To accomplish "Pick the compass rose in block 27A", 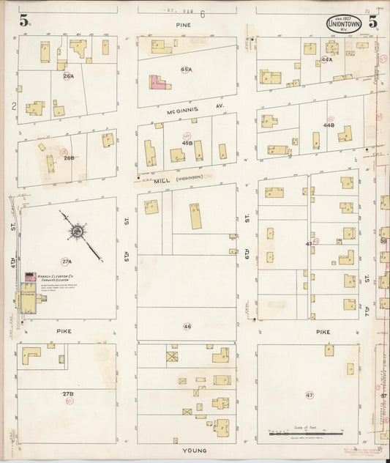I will [76, 231].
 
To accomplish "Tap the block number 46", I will [187, 326].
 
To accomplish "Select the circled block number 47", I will [310, 395].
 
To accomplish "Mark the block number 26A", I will [69, 75].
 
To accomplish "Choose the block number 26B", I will [69, 158].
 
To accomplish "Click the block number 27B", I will [68, 394].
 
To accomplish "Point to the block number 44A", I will [327, 59].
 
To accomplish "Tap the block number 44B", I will [329, 125].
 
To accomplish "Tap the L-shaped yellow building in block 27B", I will [31, 355].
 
